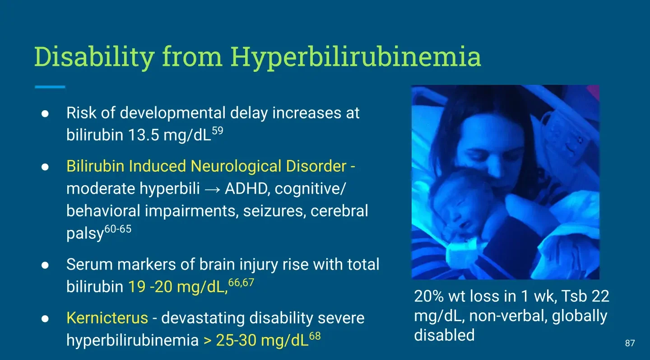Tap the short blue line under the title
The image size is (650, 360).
[x=50, y=87]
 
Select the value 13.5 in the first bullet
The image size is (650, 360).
[x=144, y=135]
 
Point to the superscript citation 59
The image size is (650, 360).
[x=218, y=131]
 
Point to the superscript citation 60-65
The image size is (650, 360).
[x=118, y=229]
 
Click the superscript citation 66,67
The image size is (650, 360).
[x=241, y=282]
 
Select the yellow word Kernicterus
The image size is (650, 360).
[x=107, y=318]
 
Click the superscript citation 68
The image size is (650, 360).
[x=315, y=336]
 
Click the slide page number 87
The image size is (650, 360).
[x=630, y=343]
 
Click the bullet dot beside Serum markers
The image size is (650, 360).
[x=45, y=265]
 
